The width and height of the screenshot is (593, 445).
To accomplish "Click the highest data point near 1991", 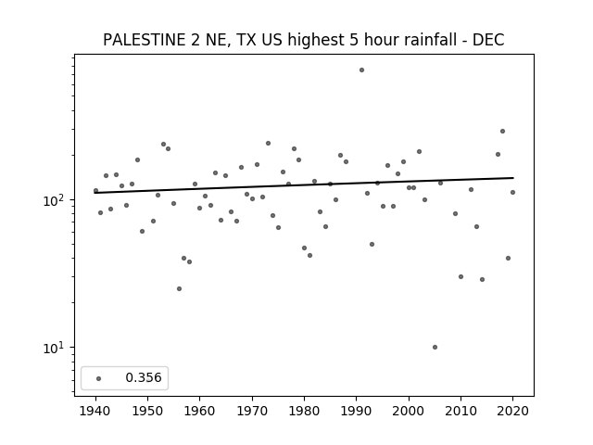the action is point(361,70).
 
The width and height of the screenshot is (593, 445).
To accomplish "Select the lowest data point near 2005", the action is point(435,347).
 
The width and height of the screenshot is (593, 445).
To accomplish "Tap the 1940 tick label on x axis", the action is point(95,411).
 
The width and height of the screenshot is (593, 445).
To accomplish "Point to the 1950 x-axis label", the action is point(148,411).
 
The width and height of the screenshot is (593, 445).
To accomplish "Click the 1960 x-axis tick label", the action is point(200,411).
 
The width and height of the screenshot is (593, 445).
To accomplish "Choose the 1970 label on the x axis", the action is point(252,411).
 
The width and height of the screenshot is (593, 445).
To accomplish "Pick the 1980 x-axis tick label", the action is point(304,411).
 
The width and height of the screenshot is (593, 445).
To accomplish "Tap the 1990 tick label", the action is point(356,411).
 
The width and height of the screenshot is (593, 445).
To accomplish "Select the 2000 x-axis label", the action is point(409,411).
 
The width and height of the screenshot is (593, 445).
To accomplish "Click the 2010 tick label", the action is point(461,411).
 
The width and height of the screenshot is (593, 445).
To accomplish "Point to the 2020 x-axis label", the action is point(512,411).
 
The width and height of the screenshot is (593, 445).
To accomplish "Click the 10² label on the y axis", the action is point(56,199).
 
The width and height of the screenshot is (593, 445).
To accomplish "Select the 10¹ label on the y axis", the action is point(56,347).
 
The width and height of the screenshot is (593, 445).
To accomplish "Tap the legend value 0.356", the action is point(144,377).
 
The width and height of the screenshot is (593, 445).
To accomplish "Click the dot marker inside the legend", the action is point(99,378).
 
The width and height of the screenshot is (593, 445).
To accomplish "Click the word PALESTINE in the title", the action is point(144,40).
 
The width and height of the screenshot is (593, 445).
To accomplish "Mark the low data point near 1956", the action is point(179,288).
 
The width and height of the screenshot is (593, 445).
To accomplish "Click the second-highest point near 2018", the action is point(498,155).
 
